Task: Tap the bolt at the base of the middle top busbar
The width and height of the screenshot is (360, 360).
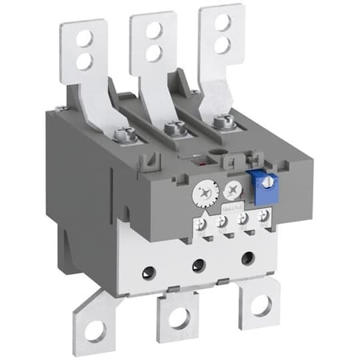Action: (170, 126)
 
